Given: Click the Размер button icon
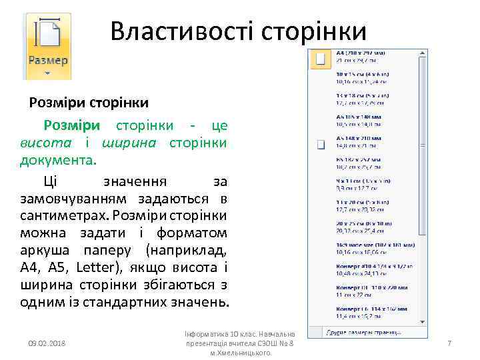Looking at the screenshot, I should click(x=47, y=44).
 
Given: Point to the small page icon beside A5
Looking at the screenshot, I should click(x=321, y=144).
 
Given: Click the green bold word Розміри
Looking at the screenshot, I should click(x=72, y=125).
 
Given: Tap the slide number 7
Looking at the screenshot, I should click(x=449, y=343).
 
